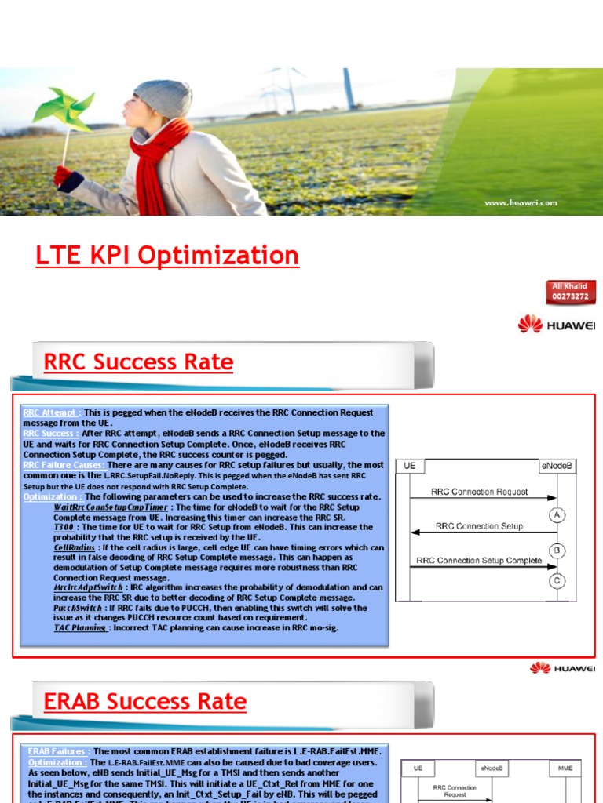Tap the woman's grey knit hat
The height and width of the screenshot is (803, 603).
pos(163,98)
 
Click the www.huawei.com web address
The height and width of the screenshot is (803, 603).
pos(521,202)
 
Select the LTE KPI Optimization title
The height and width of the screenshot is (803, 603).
pos(167,256)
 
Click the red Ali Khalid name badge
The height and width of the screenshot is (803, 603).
pos(570,292)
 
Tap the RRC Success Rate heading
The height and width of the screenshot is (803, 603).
pos(138,362)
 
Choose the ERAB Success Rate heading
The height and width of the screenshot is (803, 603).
pos(145,702)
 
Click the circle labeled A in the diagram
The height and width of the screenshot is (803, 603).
pos(557,515)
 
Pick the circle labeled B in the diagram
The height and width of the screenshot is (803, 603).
pos(557,550)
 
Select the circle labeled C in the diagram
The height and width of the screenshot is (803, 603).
pos(557,581)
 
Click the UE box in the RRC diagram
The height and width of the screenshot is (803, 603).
pos(409,466)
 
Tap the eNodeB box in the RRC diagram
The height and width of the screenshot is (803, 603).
pos(557,466)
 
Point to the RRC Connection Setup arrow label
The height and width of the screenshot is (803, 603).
pos(479,526)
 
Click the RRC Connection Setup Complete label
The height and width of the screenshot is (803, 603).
pos(479,561)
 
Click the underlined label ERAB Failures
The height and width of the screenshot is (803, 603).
pos(58,751)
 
